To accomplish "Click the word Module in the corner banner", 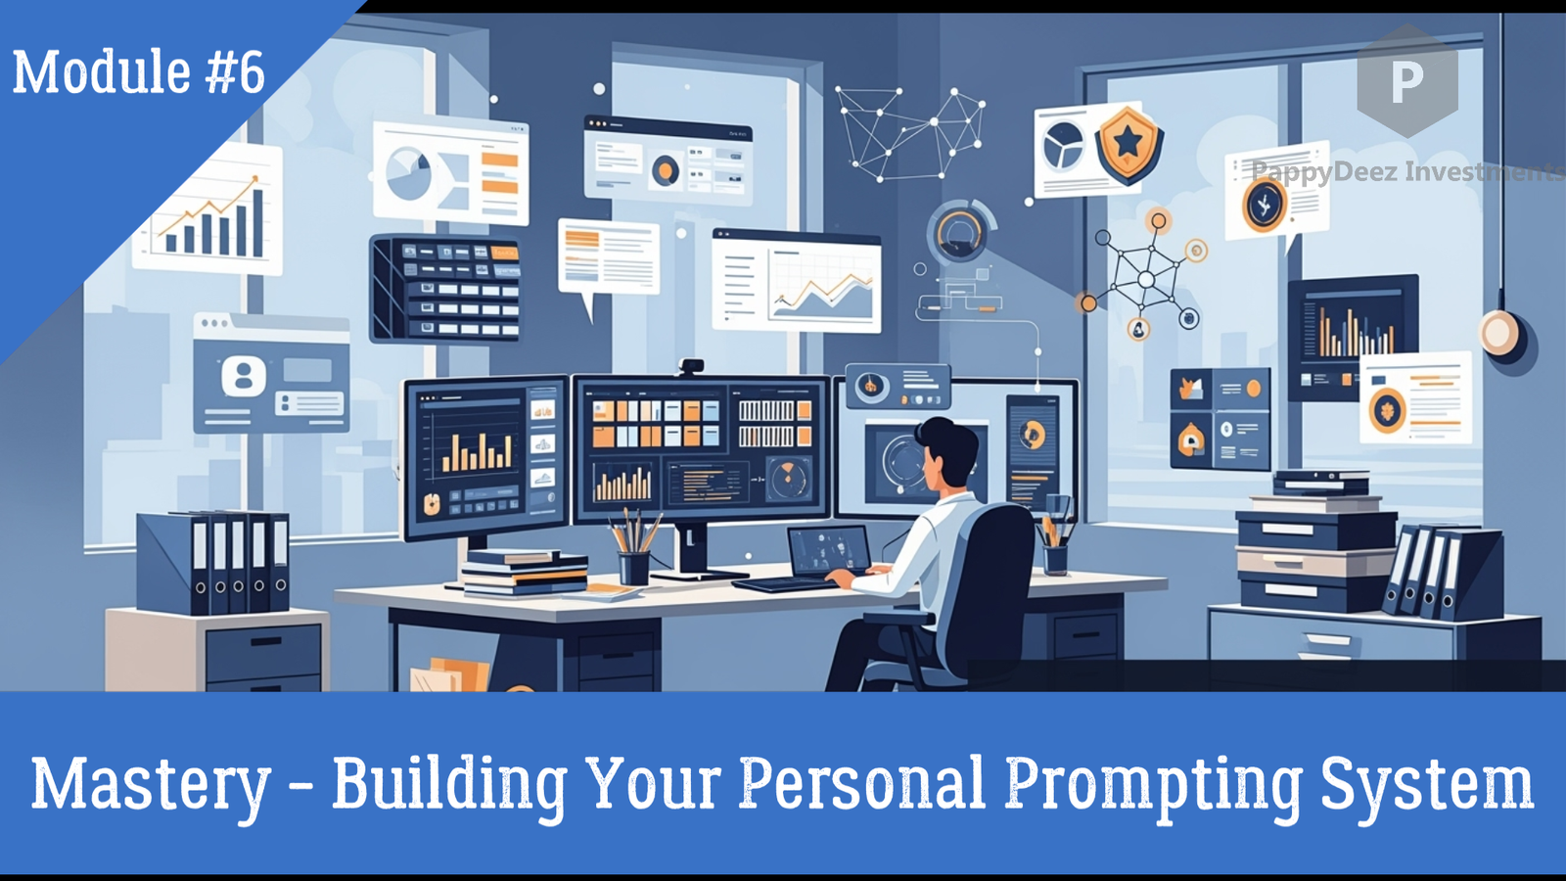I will [x=101, y=72].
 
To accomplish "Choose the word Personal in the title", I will [x=862, y=783].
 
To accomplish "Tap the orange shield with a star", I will [x=1128, y=145].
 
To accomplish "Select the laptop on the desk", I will [x=828, y=553].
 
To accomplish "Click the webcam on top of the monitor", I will [x=692, y=367].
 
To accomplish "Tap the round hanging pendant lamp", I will [x=1498, y=333].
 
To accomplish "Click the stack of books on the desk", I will [x=525, y=572].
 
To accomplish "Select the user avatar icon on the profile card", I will [x=244, y=375].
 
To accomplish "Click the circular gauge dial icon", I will [x=958, y=232].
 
